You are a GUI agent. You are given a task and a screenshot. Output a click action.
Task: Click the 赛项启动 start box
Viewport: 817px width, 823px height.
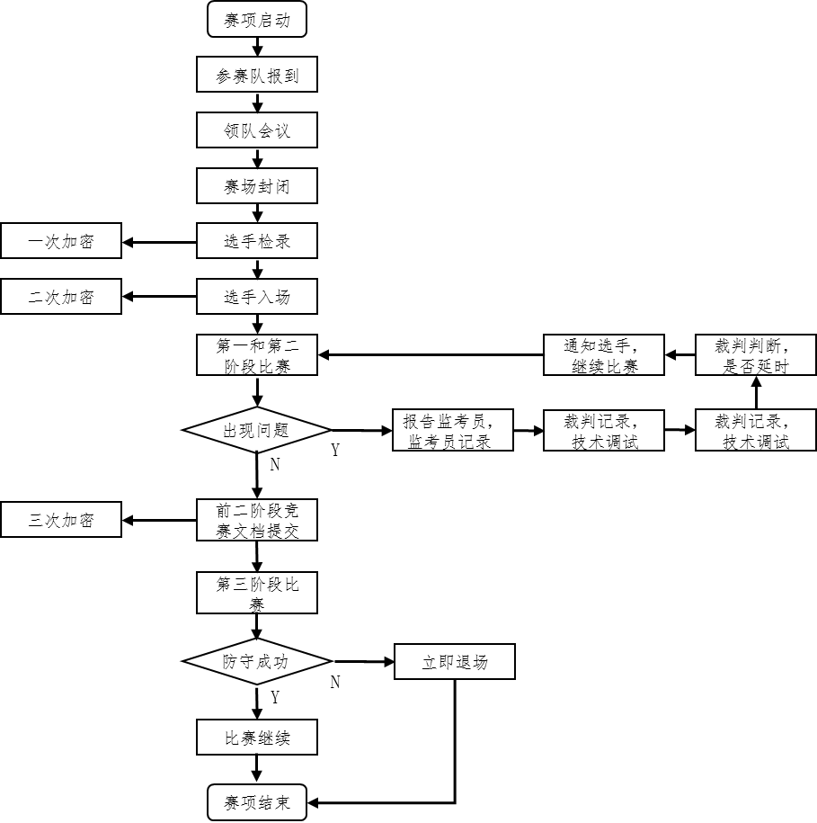click(x=257, y=20)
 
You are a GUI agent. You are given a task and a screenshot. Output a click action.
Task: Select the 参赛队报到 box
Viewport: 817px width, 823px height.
click(x=257, y=76)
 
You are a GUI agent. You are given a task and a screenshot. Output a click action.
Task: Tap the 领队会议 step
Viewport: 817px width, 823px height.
click(x=257, y=130)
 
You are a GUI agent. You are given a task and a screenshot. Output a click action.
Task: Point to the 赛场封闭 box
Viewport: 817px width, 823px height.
click(x=257, y=186)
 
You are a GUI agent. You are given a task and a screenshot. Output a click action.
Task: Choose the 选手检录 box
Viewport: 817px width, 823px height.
click(x=257, y=241)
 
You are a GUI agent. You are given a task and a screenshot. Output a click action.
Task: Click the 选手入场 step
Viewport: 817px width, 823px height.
click(x=257, y=296)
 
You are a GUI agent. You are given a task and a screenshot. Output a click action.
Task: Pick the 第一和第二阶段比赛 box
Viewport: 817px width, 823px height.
click(x=257, y=355)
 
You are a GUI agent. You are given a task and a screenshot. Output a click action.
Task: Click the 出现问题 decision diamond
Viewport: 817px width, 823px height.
click(x=257, y=431)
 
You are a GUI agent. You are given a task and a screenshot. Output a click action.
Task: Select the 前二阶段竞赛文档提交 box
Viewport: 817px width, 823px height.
click(x=257, y=521)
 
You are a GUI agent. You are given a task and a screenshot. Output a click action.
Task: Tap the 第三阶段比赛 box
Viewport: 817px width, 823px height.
click(x=257, y=594)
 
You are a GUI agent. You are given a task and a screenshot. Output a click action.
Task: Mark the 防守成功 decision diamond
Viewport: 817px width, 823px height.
click(x=257, y=662)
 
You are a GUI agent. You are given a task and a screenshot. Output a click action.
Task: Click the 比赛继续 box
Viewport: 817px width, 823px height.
click(x=257, y=738)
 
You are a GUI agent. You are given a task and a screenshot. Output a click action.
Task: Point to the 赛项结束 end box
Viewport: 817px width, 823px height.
click(x=257, y=802)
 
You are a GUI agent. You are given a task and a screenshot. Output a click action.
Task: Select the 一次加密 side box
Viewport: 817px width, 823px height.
click(x=61, y=241)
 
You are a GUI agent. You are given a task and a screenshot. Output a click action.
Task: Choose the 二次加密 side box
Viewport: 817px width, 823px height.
click(x=61, y=296)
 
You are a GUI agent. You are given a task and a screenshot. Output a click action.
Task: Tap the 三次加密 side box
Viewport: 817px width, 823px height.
click(x=61, y=520)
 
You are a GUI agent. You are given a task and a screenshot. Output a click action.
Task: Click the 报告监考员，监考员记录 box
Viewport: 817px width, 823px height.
click(x=453, y=431)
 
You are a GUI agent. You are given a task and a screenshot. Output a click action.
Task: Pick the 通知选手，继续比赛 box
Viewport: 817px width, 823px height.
click(x=604, y=355)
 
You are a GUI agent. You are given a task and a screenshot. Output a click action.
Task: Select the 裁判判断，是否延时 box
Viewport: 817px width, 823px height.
click(x=756, y=355)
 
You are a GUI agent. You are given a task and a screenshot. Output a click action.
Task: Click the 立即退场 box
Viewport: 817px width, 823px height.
click(x=455, y=662)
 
